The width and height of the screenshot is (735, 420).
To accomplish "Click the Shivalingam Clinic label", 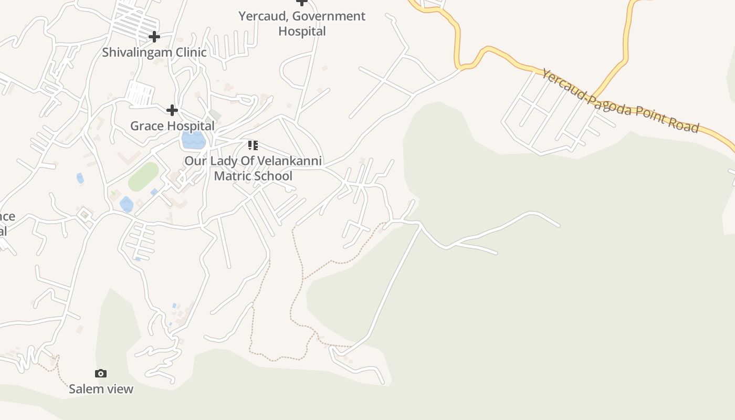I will (x=154, y=52).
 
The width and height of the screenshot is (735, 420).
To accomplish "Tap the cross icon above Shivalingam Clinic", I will (x=154, y=37).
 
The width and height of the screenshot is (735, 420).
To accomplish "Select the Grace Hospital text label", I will (x=172, y=126).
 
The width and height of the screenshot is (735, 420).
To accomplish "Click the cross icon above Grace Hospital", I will (x=172, y=110).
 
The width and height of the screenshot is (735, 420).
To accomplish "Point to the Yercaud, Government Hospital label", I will (x=302, y=24).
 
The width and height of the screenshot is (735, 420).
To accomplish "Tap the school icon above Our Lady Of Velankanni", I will (x=253, y=145).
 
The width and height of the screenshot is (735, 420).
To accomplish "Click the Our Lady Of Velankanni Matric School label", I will (x=253, y=168).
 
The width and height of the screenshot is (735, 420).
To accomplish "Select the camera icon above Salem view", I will (x=101, y=373).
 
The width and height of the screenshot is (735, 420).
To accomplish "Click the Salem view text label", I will (x=101, y=389).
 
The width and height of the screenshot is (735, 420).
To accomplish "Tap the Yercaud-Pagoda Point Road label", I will (x=621, y=101).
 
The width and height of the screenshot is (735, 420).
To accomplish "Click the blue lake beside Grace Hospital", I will (x=193, y=140).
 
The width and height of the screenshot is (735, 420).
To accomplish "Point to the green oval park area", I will (x=143, y=177).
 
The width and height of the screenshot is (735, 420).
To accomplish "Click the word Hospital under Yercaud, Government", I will (x=302, y=31).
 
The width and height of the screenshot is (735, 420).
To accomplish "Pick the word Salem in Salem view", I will (x=85, y=389).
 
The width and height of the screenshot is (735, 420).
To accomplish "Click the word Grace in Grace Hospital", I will (x=146, y=126).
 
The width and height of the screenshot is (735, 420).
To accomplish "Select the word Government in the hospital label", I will (x=329, y=16).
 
